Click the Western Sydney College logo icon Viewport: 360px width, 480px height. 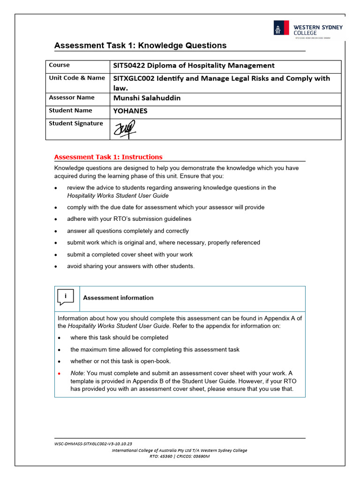[282, 28]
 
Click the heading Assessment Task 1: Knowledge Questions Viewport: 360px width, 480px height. [140, 45]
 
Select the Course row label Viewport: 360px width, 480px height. [59, 65]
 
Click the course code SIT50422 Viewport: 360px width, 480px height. [129, 66]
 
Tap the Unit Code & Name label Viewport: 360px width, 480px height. [77, 78]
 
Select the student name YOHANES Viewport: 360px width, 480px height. [130, 111]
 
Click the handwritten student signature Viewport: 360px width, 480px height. [124, 128]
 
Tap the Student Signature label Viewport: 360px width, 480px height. [76, 123]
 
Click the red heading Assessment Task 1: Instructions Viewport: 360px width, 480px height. [108, 157]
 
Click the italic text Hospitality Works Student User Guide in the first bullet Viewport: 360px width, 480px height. [118, 195]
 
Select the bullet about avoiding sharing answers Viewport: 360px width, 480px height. [130, 266]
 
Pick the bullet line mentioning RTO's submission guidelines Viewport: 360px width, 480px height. [129, 219]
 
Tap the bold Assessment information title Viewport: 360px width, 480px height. [118, 298]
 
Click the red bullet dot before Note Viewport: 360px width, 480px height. [59, 374]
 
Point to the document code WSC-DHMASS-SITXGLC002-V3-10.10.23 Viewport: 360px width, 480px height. [93, 443]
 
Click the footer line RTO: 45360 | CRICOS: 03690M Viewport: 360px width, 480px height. [180, 456]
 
